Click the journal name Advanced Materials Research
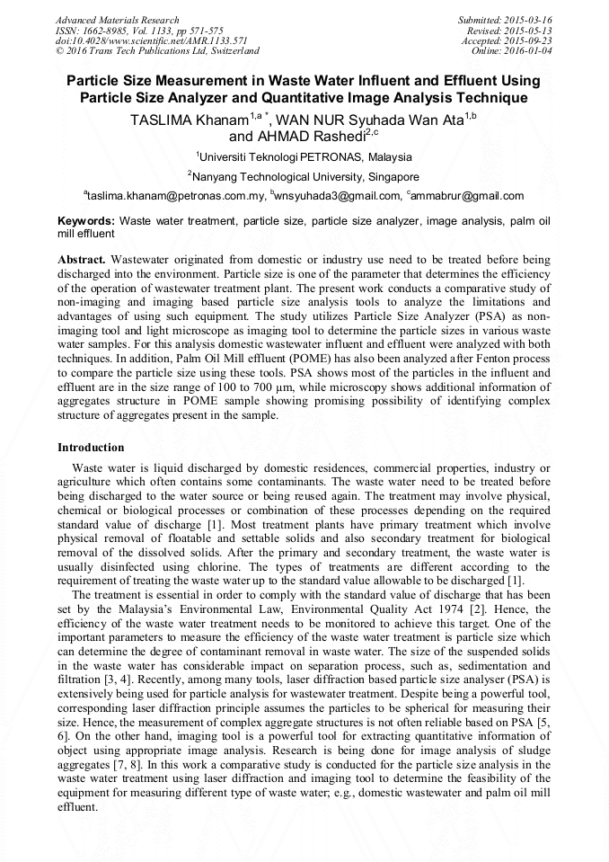[x=117, y=20]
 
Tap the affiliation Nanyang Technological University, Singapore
[x=305, y=177]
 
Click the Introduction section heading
[x=91, y=448]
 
